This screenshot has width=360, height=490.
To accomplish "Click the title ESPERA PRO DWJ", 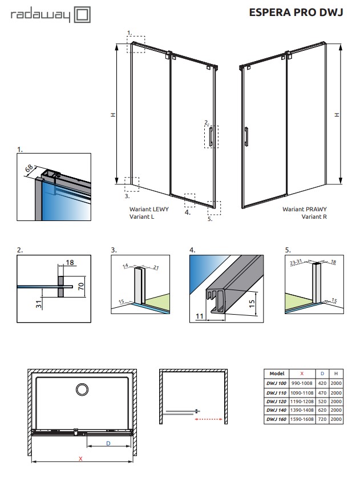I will coord(296,12).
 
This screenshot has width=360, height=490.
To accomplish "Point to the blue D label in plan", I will coord(107,443).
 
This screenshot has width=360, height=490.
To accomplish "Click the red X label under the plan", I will coord(81,459).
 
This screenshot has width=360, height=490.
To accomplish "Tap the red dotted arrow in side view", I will coord(208,419).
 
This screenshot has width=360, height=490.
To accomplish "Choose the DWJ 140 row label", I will coord(277,410).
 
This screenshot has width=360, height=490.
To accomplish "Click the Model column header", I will coord(277,373).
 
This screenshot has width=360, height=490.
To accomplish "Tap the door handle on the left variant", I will coord(212,136).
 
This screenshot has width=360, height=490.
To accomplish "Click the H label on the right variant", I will coord(337,115).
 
